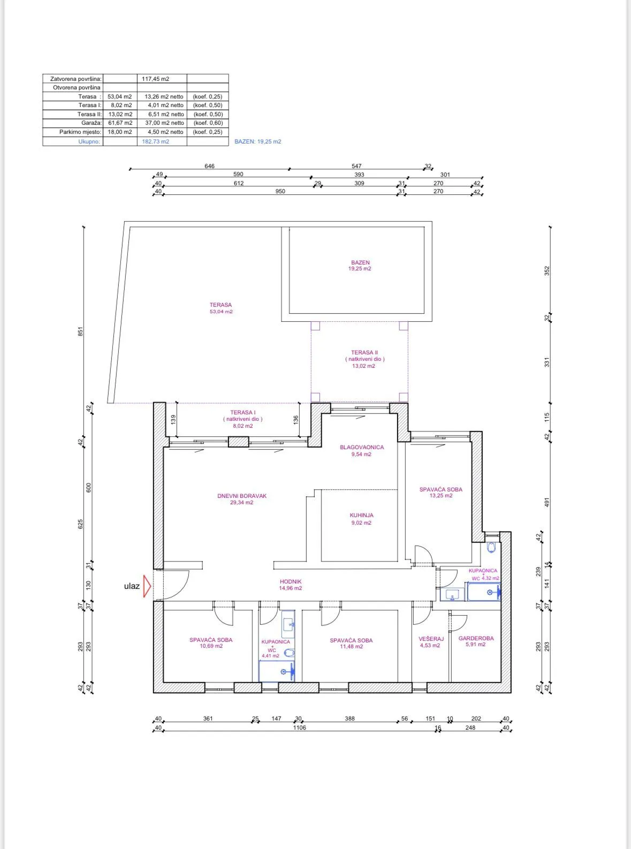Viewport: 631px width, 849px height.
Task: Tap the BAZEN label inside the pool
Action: coord(361,263)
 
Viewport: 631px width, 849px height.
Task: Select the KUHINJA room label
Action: coord(361,515)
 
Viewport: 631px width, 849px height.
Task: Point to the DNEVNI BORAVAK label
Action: coord(242,496)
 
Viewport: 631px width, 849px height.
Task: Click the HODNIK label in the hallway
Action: coord(291,581)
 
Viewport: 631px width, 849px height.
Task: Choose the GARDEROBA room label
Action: coord(476,638)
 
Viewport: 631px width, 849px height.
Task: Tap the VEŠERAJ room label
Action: coord(431,639)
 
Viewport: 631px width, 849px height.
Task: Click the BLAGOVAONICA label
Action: coord(362,447)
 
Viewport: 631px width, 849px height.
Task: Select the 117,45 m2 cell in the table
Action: coord(155,79)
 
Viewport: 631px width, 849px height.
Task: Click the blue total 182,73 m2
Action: coord(155,141)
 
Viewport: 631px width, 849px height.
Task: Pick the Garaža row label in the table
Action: coord(92,123)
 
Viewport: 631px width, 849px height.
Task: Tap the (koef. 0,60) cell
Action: coord(208,123)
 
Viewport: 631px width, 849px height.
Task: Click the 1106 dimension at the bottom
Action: coord(300,727)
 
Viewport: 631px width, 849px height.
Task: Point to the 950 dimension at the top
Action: coord(280,192)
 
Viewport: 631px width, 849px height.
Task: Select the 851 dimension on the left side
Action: coord(80,331)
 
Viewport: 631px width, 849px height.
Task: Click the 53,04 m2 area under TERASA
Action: coord(221,312)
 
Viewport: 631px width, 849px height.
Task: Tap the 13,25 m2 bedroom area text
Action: coord(441,495)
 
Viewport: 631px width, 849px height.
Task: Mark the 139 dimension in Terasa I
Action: coord(173,420)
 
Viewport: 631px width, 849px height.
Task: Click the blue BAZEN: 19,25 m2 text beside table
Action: coord(258,141)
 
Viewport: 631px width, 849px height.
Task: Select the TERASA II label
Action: coord(364,352)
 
